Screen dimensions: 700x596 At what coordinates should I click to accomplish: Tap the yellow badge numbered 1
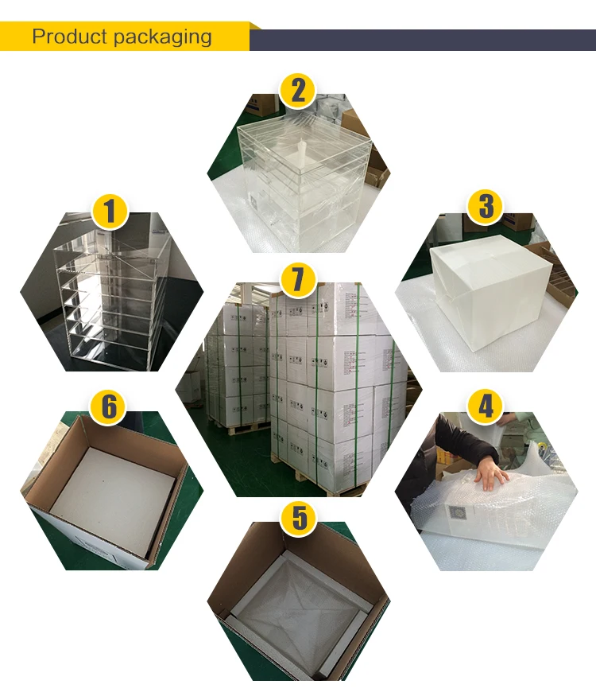coord(110,211)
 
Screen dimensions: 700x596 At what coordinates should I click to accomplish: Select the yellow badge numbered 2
coord(298,89)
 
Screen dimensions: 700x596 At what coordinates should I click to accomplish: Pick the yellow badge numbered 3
coord(486,207)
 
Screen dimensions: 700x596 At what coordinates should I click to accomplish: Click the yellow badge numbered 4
coord(486,406)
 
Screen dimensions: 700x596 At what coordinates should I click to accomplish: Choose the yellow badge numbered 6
coord(110,406)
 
